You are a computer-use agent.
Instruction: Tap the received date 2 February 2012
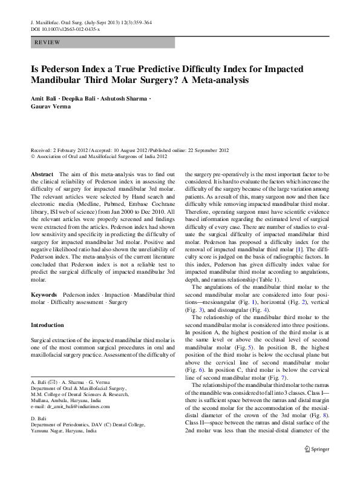pyautogui.click(x=73, y=150)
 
